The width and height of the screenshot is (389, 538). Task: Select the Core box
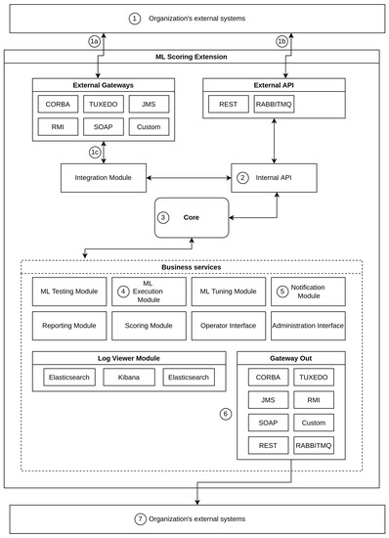click(191, 218)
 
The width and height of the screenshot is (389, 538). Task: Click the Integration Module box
click(103, 177)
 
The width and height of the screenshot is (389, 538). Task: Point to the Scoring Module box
click(148, 325)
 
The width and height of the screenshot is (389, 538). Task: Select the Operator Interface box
click(228, 325)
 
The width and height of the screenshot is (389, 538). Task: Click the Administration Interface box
click(309, 325)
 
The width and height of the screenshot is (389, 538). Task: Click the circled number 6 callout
click(226, 414)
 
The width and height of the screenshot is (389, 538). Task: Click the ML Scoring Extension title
click(195, 58)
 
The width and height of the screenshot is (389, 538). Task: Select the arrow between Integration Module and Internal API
click(188, 177)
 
